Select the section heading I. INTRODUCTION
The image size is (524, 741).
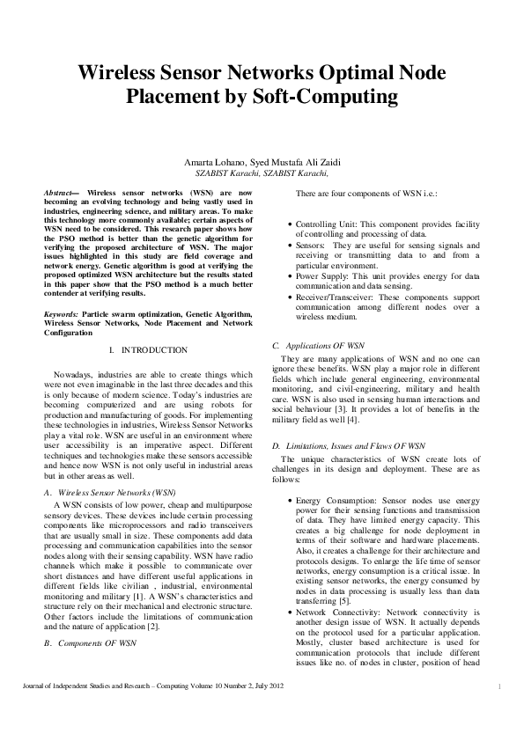148,350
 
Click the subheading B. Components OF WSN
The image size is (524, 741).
91,644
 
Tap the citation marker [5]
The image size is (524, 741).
344,601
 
